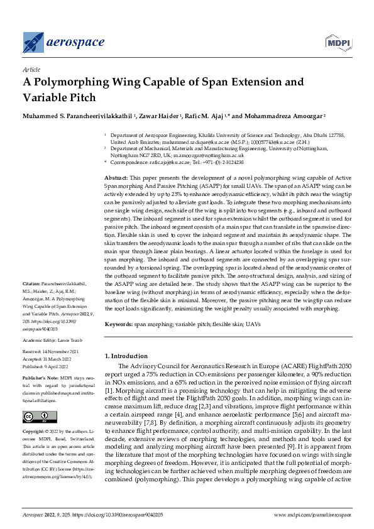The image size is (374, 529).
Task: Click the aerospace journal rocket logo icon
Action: click(x=33, y=42)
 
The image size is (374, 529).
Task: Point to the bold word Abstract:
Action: click(x=116, y=179)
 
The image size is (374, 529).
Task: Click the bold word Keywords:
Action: click(x=118, y=325)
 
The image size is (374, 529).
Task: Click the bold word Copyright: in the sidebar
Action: click(x=35, y=432)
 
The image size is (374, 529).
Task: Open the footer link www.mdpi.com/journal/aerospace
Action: click(x=312, y=515)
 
